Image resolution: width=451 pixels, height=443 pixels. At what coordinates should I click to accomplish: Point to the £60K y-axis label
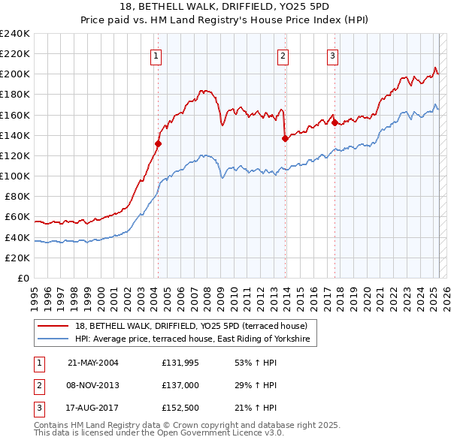click(x=17, y=217)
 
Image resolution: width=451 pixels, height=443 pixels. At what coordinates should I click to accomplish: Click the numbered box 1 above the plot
click(x=156, y=55)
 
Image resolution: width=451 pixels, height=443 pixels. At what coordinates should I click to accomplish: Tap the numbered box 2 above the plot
click(x=283, y=55)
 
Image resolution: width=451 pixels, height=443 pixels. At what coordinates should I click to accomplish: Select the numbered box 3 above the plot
click(x=332, y=55)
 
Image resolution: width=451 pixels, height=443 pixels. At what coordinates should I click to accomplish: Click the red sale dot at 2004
click(x=159, y=143)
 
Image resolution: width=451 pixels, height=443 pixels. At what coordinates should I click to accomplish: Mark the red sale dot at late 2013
click(x=285, y=138)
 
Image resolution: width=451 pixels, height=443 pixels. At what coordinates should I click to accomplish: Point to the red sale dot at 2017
click(x=334, y=122)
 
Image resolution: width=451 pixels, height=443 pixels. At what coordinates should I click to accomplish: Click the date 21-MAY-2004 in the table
click(x=93, y=362)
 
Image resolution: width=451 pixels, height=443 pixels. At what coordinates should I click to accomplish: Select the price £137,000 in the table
click(x=178, y=385)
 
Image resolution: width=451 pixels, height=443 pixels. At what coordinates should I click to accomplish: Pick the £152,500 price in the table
click(x=178, y=408)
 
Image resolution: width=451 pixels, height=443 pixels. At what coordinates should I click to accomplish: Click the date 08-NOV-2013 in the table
click(x=93, y=385)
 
